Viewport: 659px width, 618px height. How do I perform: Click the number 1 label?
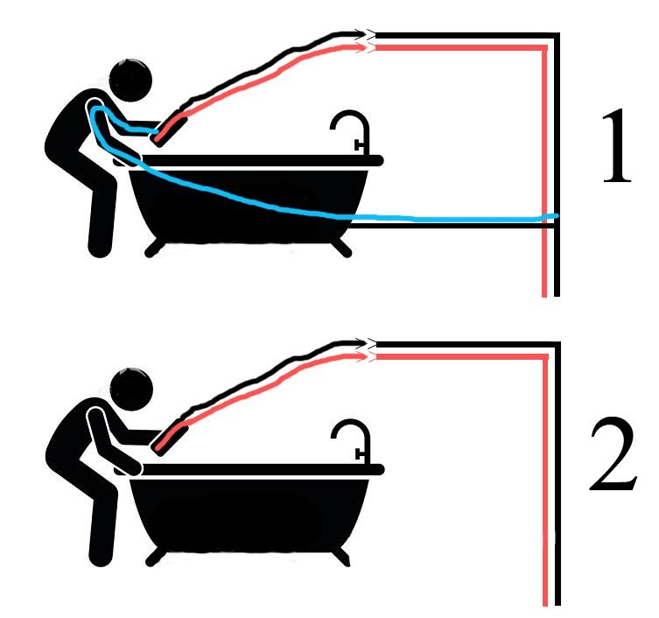tap(617, 146)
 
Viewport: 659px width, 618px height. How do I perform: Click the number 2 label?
tap(613, 454)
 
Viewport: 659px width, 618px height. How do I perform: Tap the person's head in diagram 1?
tap(130, 80)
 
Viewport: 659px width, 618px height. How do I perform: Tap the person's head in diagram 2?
tap(131, 389)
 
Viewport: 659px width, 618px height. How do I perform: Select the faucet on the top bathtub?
tap(352, 131)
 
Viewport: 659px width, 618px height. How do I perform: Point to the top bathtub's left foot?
tap(155, 249)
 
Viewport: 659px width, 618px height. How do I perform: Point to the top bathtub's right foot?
tap(341, 248)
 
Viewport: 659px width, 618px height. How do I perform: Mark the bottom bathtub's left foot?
tap(156, 557)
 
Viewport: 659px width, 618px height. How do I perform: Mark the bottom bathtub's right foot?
tap(340, 557)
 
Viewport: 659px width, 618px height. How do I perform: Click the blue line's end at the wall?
tap(557, 216)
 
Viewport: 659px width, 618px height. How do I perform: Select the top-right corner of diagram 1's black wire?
tap(557, 34)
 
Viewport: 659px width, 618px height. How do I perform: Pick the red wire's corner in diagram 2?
tap(545, 357)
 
